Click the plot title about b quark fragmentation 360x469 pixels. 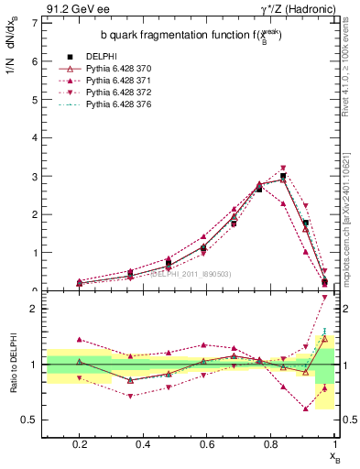pyautogui.click(x=180, y=35)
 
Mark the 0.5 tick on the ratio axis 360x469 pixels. pyautogui.click(x=32, y=420)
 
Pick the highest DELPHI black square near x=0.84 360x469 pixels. pyautogui.click(x=283, y=176)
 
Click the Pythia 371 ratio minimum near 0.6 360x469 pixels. pyautogui.click(x=305, y=409)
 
